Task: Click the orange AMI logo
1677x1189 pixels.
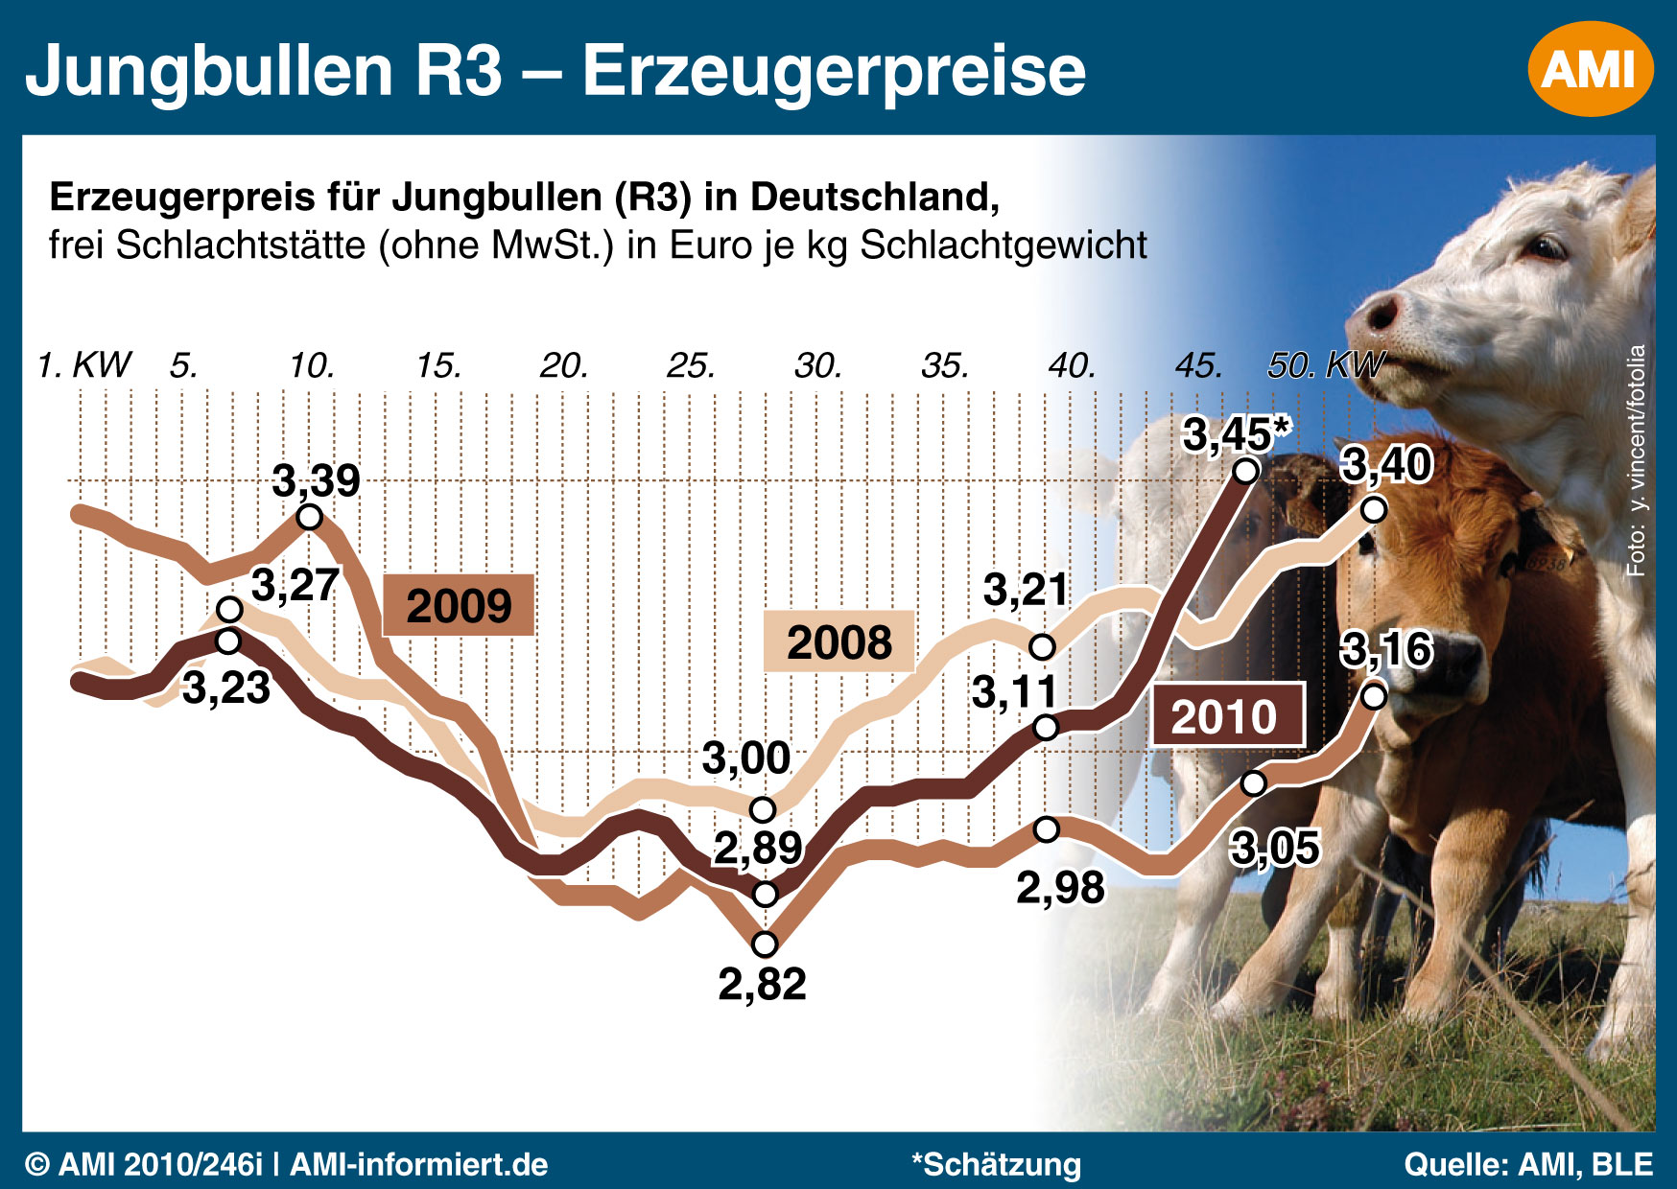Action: (1590, 69)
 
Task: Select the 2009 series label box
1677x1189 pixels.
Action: (459, 606)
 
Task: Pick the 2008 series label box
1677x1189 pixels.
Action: (839, 641)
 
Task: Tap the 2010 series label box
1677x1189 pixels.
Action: (1227, 715)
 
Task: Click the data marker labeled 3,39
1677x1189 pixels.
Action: (309, 518)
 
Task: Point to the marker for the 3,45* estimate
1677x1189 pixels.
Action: (1246, 471)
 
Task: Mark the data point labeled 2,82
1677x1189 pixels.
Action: (765, 944)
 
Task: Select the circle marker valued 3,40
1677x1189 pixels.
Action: (1374, 509)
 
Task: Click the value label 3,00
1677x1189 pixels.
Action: (746, 759)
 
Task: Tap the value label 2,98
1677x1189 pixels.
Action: (1060, 888)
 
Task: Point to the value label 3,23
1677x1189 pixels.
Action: (226, 688)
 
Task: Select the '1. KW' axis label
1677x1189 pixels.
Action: (84, 365)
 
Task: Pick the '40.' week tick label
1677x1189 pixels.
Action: (1072, 365)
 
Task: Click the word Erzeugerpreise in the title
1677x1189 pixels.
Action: (834, 70)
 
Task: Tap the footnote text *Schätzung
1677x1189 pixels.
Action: (996, 1164)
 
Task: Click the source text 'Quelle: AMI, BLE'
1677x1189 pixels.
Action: (1528, 1164)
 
